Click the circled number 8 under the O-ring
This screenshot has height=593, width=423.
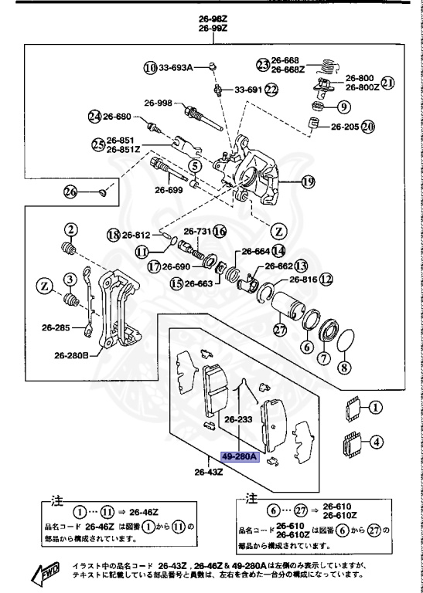pos(345,368)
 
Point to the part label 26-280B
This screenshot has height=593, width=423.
pos(72,356)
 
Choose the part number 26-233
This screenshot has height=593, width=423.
pos(239,421)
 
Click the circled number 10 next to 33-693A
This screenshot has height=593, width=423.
pos(149,67)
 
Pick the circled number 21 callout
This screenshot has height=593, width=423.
pos(387,83)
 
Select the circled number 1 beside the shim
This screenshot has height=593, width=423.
pos(374,408)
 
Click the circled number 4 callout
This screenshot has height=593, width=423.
pos(374,442)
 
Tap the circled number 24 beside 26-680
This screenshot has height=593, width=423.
pos(94,117)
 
